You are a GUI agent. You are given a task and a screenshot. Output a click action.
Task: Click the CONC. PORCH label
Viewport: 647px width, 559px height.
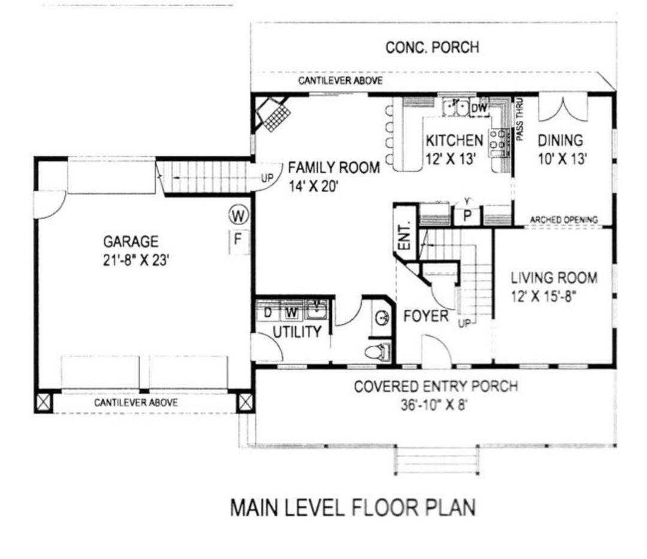point(432,47)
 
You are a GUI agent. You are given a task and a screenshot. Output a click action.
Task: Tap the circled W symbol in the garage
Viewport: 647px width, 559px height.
point(238,214)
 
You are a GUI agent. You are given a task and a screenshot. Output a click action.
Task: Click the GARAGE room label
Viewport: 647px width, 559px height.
point(131,242)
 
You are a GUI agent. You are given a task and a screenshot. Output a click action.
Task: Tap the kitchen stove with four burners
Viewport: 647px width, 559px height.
point(497,142)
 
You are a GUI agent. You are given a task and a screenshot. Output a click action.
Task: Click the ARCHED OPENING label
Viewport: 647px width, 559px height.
point(564,220)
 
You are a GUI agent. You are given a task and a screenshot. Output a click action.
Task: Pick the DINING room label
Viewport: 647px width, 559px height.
point(560,141)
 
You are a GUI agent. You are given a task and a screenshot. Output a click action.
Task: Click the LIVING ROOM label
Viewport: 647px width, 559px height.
point(554,278)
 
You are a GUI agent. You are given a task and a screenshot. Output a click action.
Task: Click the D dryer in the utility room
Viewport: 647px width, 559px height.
point(268,311)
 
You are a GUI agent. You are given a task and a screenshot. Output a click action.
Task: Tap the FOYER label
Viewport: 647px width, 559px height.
point(425,316)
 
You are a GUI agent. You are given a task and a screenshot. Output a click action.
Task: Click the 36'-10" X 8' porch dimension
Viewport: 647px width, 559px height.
point(435,404)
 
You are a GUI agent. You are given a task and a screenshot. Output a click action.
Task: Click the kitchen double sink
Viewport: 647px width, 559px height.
point(455,108)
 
